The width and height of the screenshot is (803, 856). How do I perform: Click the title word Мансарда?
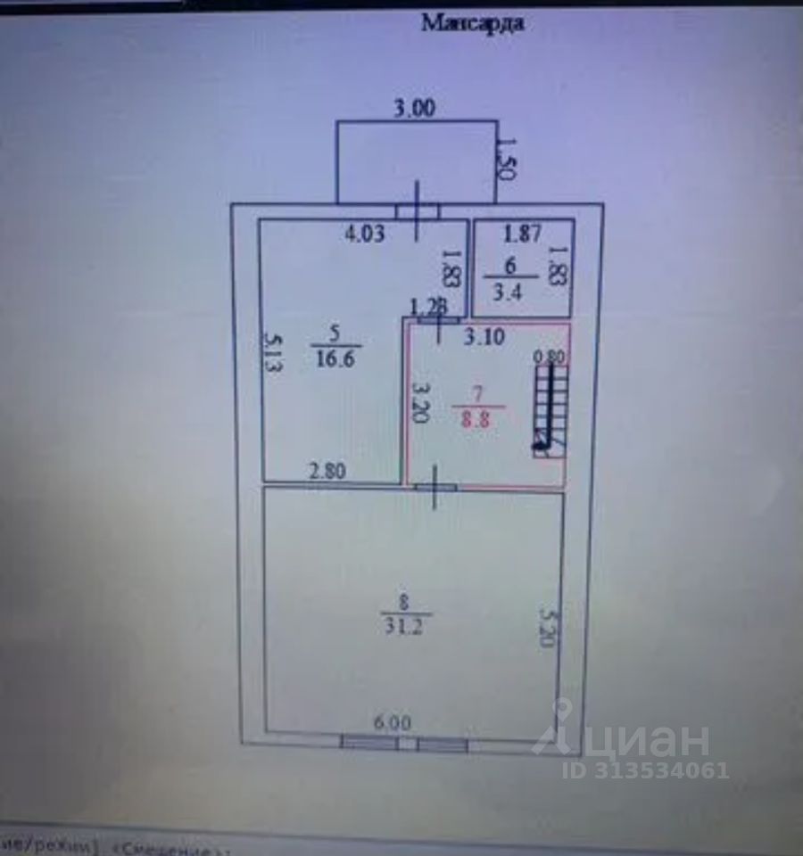(472, 23)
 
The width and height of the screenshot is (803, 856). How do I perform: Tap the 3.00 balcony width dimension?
(415, 109)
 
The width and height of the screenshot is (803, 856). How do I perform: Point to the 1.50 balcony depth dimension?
(506, 159)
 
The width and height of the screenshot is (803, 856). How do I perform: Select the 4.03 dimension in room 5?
(365, 235)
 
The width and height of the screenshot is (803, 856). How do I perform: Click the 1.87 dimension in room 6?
(522, 235)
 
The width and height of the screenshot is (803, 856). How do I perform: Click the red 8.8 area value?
(477, 420)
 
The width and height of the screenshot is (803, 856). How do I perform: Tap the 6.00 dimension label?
(393, 723)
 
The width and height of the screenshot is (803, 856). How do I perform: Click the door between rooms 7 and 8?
(435, 488)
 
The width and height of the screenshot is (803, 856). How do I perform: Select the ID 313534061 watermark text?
(645, 770)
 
